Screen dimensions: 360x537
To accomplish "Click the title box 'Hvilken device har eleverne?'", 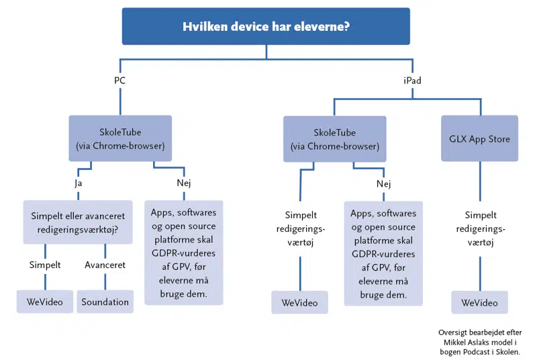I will coord(266,26).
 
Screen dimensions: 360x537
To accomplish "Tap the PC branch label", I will coord(119,81).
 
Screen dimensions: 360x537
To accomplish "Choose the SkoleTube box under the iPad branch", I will coord(334,139).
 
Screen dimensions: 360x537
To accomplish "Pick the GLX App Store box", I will coord(479,139).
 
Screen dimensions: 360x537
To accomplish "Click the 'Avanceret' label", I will coord(105,265).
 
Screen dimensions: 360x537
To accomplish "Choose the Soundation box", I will coord(105,302).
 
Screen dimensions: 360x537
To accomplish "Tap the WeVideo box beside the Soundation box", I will coord(44,302).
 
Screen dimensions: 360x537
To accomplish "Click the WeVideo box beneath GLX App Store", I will coord(479,303).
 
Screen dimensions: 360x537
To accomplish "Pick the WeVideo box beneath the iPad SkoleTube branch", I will coord(299,303).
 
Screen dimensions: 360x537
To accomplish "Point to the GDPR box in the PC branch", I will coord(184,253).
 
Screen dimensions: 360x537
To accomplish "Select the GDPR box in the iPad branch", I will coord(383,254).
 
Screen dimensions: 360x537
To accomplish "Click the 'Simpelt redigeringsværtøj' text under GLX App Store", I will coord(479,230).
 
